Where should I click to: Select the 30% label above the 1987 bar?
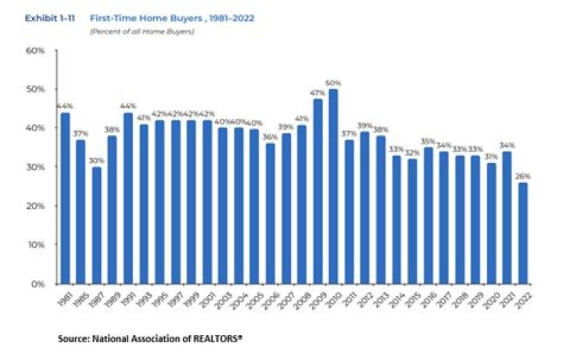95,160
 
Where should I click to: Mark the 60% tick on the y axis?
37,50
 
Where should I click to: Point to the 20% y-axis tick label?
37,206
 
